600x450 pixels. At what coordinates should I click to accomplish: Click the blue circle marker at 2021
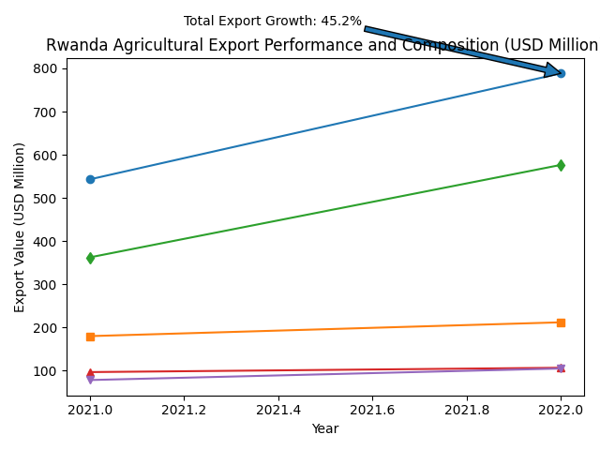pos(90,179)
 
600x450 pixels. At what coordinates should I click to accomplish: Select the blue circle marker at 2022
pos(561,73)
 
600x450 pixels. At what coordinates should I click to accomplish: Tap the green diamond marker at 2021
pos(90,258)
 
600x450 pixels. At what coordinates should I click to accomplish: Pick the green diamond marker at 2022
pos(561,165)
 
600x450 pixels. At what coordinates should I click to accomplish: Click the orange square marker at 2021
pos(90,337)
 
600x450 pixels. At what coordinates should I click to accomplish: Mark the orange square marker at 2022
pos(561,322)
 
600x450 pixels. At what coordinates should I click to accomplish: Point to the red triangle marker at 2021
pos(90,372)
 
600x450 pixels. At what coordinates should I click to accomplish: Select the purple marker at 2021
pos(90,380)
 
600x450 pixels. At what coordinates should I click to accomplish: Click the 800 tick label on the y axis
pos(45,68)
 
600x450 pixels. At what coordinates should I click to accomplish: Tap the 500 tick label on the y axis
pos(45,199)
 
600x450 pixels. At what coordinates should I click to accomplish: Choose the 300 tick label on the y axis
pos(45,285)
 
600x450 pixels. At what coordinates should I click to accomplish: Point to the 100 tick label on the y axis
pos(45,371)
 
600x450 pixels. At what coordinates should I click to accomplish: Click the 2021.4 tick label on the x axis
pos(278,410)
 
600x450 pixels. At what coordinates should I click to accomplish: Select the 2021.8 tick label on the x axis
pos(467,410)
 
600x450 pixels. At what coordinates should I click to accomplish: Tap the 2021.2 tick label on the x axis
pos(184,410)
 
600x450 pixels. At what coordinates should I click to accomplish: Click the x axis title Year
pos(325,428)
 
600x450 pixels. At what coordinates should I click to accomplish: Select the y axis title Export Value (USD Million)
pos(20,227)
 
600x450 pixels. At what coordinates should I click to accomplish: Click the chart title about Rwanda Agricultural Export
pos(322,45)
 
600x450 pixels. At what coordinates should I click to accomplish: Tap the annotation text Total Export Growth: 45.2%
pos(272,21)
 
